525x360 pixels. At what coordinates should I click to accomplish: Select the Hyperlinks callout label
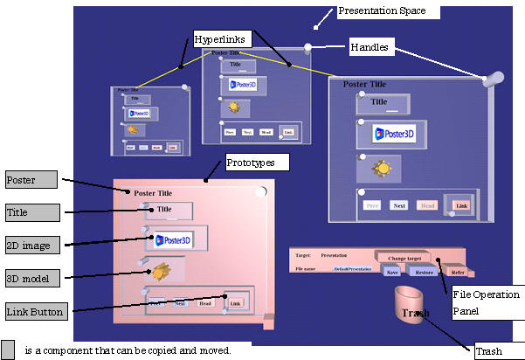point(222,38)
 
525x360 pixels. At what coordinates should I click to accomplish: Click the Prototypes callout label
point(256,162)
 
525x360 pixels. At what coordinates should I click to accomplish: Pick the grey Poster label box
point(31,180)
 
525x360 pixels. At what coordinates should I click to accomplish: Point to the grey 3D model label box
point(31,279)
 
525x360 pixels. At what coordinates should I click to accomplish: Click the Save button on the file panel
point(392,272)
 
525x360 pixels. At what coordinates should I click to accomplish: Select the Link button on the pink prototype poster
point(234,302)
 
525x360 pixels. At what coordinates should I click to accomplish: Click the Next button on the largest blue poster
point(399,205)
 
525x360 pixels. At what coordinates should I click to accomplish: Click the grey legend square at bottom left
point(9,350)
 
